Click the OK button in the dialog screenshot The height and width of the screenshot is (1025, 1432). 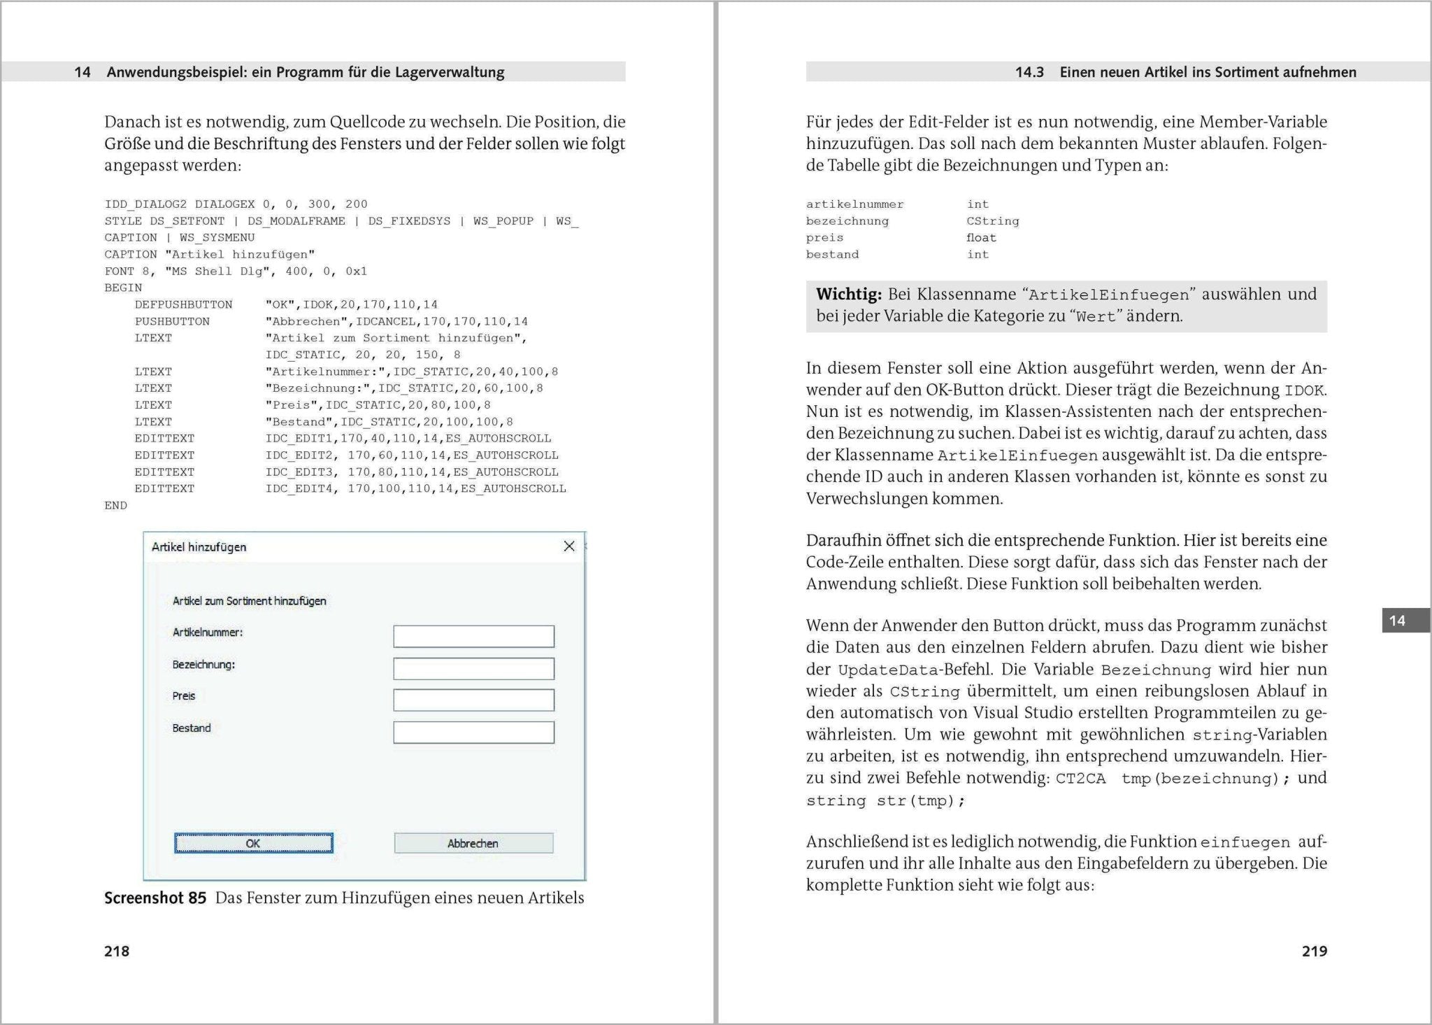[x=253, y=843]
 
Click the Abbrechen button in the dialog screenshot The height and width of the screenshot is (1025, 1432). [x=473, y=843]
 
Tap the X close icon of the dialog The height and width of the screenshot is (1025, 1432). [x=569, y=546]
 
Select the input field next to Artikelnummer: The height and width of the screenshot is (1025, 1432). [x=473, y=636]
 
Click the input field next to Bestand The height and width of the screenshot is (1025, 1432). [x=473, y=733]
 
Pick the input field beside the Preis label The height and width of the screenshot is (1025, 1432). [x=473, y=700]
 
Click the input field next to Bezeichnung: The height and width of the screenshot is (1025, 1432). [x=473, y=668]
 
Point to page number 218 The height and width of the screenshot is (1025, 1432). [x=117, y=951]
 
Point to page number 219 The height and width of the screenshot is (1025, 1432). [x=1314, y=951]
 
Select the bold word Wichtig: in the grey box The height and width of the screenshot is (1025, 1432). [x=849, y=295]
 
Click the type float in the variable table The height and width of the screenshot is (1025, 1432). [x=981, y=238]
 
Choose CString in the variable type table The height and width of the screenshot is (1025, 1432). [x=992, y=221]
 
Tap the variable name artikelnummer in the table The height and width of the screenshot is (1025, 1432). [x=854, y=204]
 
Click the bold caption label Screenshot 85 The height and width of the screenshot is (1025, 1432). [x=155, y=898]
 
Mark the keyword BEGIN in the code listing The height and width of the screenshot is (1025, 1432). [x=123, y=288]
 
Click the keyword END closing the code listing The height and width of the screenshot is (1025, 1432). [x=115, y=505]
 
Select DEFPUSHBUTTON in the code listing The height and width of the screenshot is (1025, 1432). [x=183, y=304]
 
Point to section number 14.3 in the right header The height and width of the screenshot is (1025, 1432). [x=1029, y=72]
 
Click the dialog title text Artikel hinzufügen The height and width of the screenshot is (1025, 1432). [x=199, y=547]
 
